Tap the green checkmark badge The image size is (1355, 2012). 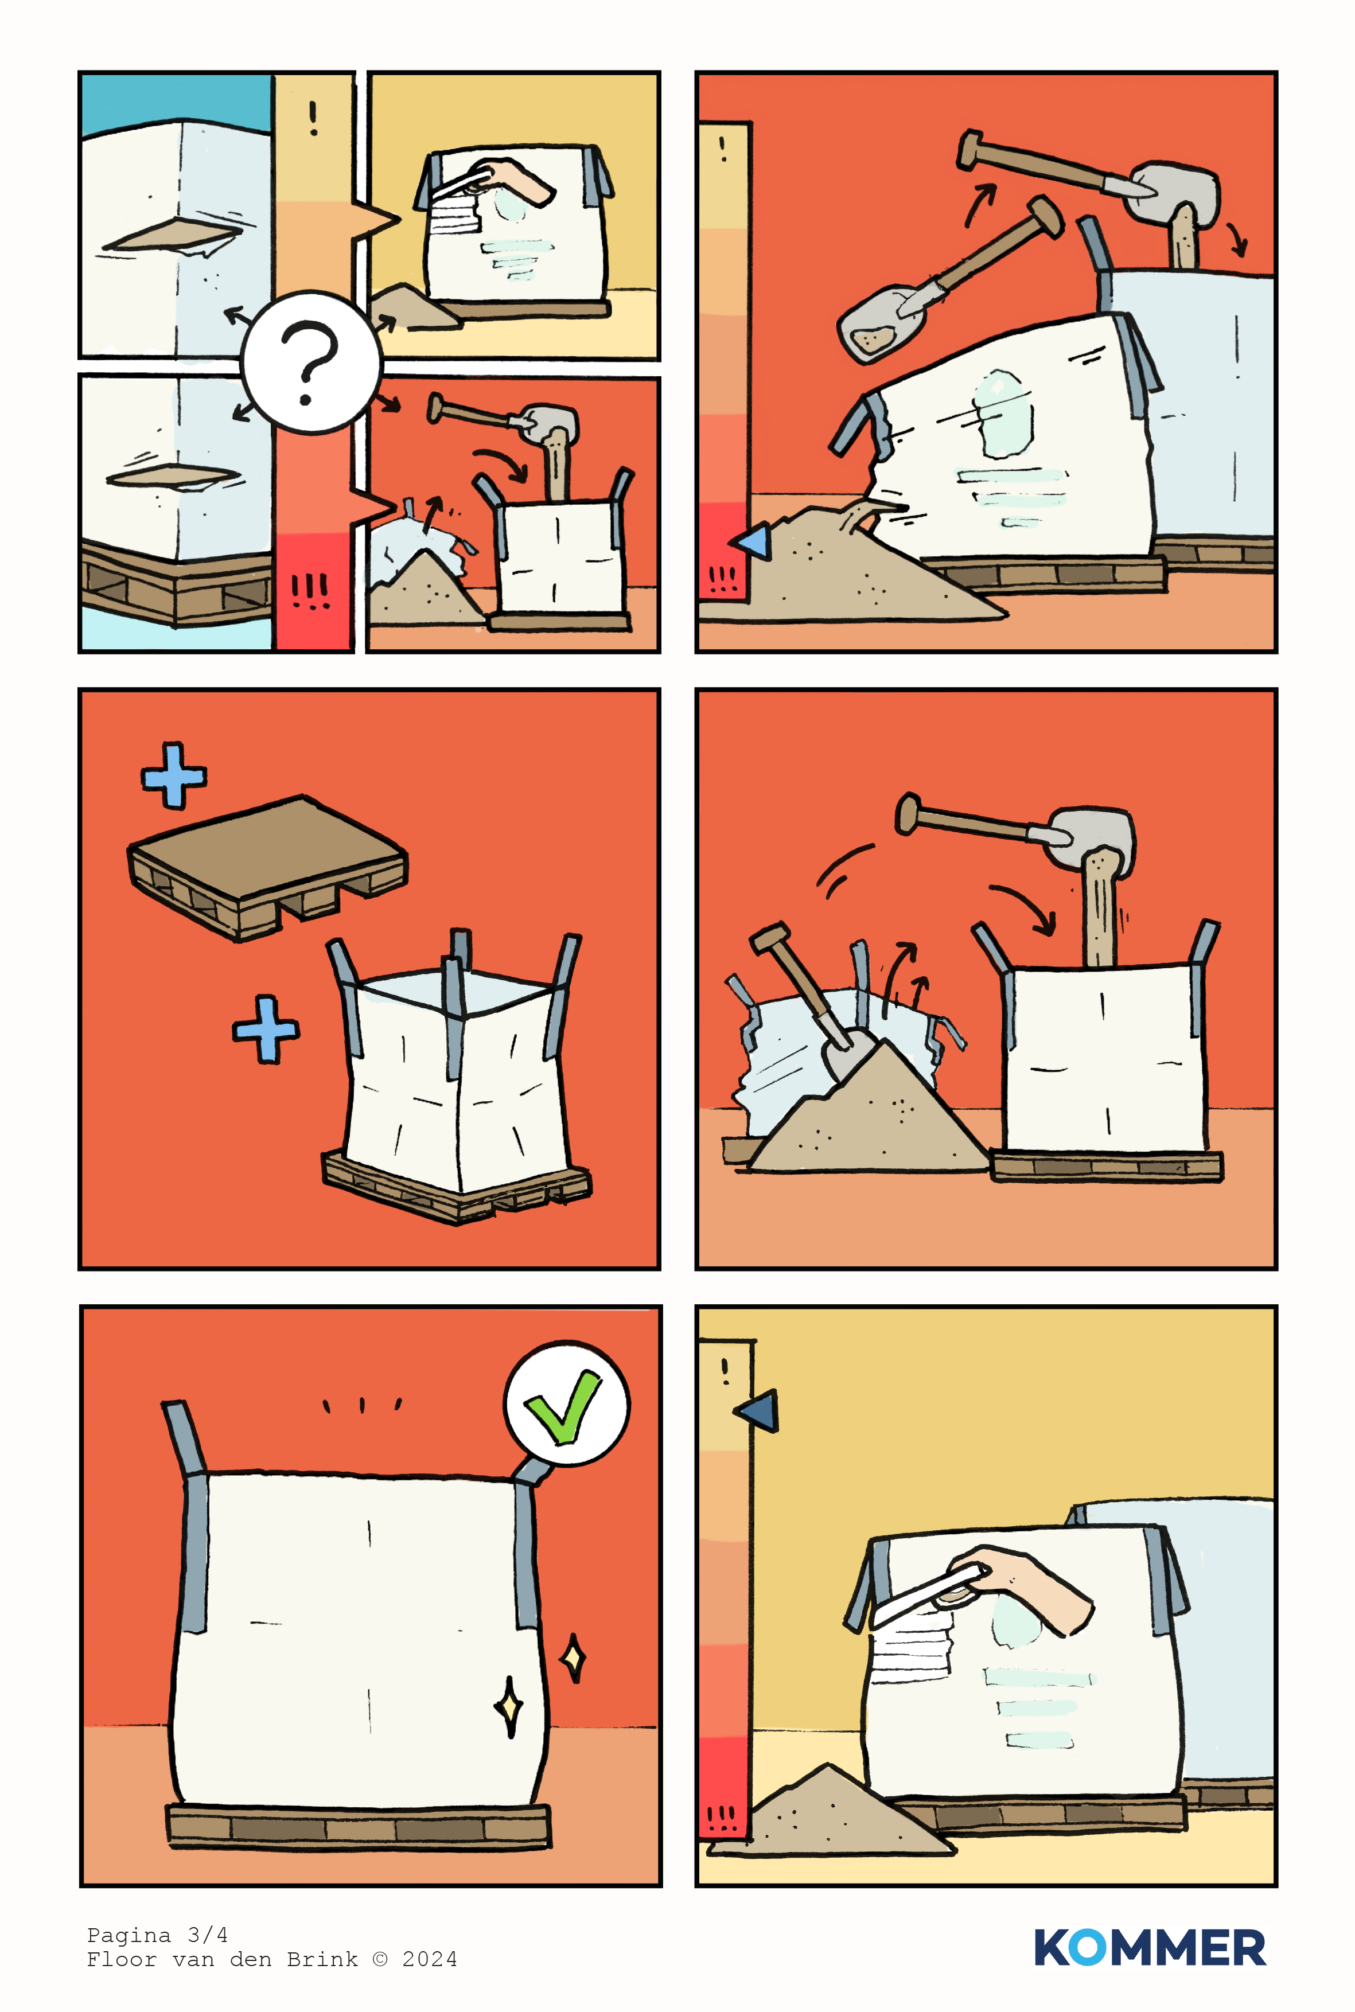[x=566, y=1404]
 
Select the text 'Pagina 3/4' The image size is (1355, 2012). [x=157, y=1934]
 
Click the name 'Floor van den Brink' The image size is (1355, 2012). [x=222, y=1959]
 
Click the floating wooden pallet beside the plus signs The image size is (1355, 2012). [x=268, y=867]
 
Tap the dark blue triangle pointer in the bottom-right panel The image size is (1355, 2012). [x=757, y=1410]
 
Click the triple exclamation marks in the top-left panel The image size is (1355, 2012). [x=310, y=591]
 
